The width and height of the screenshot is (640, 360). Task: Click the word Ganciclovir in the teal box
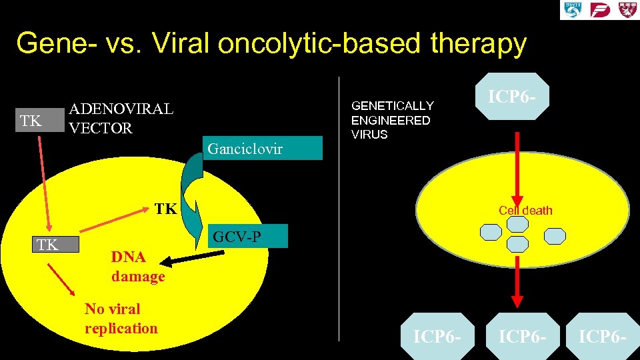tap(245, 149)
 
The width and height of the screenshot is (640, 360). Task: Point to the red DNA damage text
tap(138, 267)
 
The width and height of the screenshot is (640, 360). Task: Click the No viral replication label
tap(121, 319)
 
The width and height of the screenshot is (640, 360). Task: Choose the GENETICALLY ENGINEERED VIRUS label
tap(393, 120)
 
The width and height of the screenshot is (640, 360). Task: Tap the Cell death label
tap(525, 211)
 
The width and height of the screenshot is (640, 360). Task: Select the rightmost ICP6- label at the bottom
tap(603, 336)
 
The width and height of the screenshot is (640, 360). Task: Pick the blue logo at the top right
tap(573, 10)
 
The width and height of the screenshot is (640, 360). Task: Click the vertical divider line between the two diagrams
tap(339, 207)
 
